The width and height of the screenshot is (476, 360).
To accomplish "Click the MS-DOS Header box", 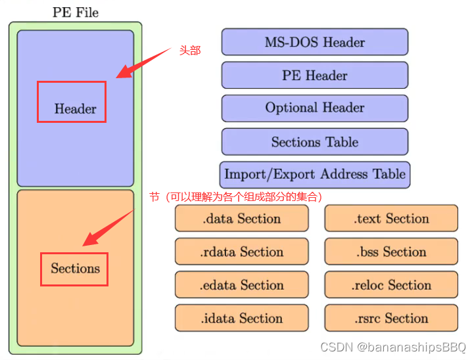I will (x=314, y=42).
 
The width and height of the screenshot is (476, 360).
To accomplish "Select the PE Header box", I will (x=314, y=75).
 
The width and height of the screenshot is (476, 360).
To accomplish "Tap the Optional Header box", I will (x=314, y=108).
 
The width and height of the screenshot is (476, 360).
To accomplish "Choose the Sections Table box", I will (x=314, y=142).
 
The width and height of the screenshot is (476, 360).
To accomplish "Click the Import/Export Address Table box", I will (x=314, y=175).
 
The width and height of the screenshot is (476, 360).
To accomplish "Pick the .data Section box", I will (x=241, y=218).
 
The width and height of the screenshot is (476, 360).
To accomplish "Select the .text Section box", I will (x=391, y=218).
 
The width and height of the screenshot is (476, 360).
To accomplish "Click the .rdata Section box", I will (x=241, y=252).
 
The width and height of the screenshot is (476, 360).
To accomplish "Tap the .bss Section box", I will (x=391, y=252).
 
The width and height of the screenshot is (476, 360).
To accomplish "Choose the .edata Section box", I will (x=241, y=285).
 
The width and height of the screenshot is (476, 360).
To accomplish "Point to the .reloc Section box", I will (x=391, y=285).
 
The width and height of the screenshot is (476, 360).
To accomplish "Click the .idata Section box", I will (x=241, y=318).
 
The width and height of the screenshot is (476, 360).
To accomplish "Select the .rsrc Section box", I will (x=391, y=318).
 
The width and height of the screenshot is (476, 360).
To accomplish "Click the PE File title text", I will (x=75, y=12).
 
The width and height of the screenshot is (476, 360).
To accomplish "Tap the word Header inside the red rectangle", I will (x=75, y=109).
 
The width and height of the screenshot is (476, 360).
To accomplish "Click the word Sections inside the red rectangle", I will (x=75, y=268).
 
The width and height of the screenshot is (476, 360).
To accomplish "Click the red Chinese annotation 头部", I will (x=190, y=51).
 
